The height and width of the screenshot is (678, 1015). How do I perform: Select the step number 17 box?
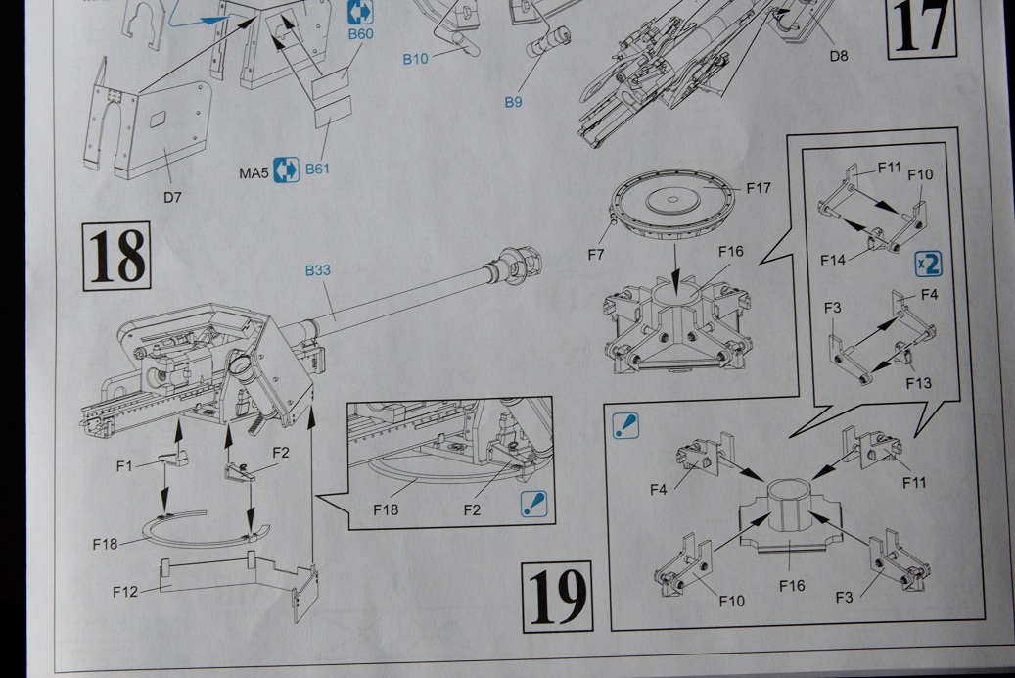click(921, 27)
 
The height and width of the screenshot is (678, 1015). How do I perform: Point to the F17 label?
click(760, 186)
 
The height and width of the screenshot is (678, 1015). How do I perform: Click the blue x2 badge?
click(928, 264)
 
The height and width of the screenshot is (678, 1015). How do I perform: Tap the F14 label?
click(834, 260)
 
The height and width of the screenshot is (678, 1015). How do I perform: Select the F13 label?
click(918, 383)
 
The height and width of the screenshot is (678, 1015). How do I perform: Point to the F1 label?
click(124, 465)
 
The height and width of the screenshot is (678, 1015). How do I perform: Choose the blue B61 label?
click(317, 169)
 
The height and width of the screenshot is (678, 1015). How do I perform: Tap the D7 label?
click(172, 196)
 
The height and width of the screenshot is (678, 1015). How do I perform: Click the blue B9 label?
click(514, 101)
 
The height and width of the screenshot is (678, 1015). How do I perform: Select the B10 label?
click(415, 59)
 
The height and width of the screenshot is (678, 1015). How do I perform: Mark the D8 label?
click(838, 56)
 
